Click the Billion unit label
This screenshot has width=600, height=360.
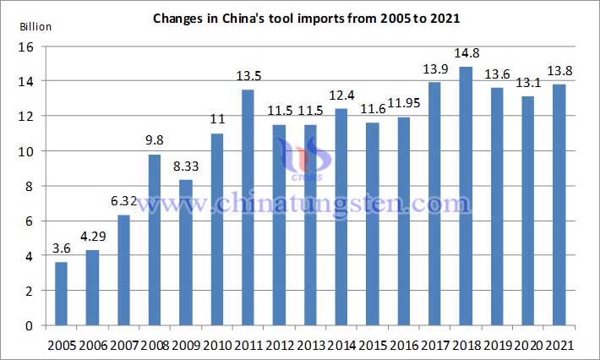point(35,26)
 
